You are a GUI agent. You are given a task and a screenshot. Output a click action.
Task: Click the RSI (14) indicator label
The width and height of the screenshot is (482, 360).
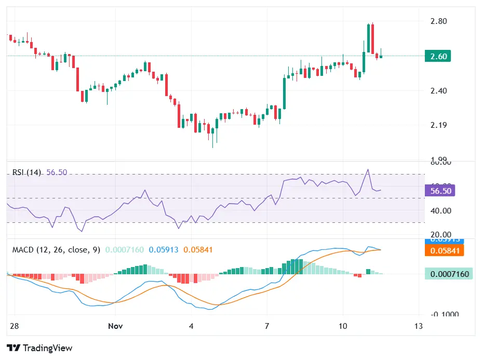[26, 172]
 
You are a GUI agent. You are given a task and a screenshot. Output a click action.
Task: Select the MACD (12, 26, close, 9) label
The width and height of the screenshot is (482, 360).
[56, 250]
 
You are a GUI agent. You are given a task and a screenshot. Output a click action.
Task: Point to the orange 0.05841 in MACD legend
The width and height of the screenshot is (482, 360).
[198, 250]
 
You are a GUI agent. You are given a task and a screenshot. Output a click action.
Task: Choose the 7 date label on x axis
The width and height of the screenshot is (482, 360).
[266, 326]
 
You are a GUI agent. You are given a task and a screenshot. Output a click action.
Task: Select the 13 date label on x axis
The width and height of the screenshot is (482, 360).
[419, 326]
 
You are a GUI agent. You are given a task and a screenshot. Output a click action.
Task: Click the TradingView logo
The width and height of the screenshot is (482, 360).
[39, 348]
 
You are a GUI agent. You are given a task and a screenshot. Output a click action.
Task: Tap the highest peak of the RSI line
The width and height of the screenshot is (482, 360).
[368, 169]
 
